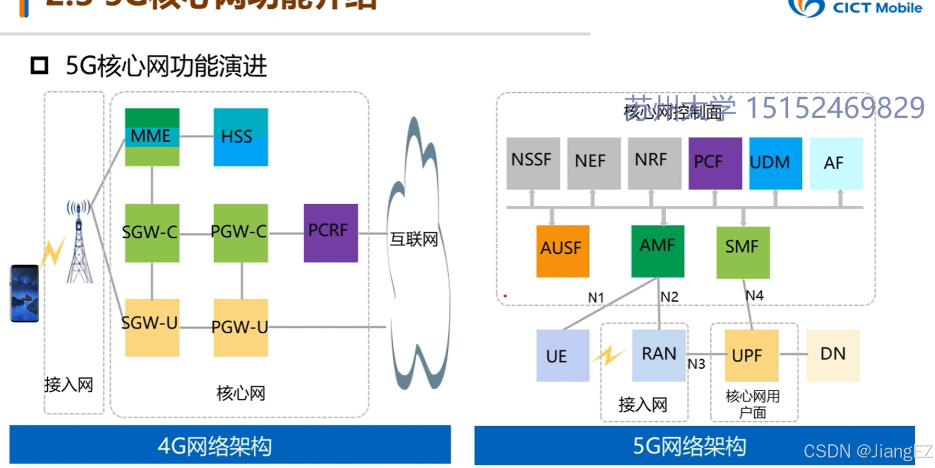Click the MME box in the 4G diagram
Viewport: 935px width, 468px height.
pos(152,137)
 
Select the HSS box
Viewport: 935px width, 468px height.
pos(241,137)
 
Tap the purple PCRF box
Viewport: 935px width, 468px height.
pos(330,232)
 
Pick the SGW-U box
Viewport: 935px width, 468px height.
pos(152,327)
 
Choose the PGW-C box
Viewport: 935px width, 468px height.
pos(241,232)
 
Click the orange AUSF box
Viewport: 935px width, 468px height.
pos(563,250)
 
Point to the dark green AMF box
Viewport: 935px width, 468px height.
pos(658,250)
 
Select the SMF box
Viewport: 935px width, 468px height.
pos(743,252)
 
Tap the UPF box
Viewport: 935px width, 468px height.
pos(751,355)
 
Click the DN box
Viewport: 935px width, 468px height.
pos(833,355)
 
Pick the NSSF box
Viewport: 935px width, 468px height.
pos(532,163)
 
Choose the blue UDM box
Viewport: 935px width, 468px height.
pos(775,163)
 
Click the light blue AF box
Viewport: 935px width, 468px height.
pos(836,163)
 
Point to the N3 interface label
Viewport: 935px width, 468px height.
pos(696,364)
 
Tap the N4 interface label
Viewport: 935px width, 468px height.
pos(754,296)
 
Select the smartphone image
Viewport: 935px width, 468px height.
pos(25,293)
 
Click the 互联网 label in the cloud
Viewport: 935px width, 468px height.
pos(414,239)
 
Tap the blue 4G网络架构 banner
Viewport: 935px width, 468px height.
pos(230,445)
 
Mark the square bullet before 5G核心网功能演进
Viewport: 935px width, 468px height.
pos(39,66)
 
